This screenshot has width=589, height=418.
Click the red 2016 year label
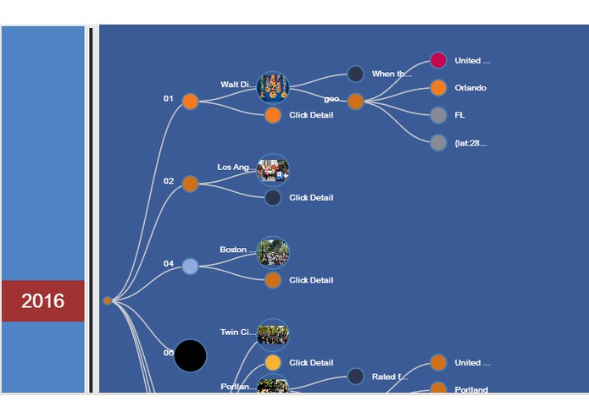point(42,300)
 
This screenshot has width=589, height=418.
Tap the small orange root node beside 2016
point(108,300)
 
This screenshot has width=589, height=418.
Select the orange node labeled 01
point(190,102)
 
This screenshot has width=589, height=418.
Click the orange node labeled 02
point(190,184)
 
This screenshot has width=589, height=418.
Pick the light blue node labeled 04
point(190,266)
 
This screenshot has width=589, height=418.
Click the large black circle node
point(190,355)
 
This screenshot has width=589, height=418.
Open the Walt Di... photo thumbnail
point(273,86)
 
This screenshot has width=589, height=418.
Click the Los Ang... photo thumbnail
point(273,169)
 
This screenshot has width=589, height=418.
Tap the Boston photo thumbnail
point(273,252)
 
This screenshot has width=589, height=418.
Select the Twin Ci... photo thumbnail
point(273,334)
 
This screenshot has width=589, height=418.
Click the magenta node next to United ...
point(438,60)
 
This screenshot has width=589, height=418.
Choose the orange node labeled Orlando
point(438,87)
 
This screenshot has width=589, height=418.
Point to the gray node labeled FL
point(438,115)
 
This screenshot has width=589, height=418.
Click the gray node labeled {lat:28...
point(438,142)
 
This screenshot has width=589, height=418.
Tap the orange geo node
point(356,101)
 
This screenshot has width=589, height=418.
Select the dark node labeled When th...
point(356,74)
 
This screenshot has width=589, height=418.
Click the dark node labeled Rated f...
point(356,377)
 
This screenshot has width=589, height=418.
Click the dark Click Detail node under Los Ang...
point(273,197)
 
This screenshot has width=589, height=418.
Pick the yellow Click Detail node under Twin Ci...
point(273,362)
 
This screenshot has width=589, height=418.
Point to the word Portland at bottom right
point(471,390)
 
